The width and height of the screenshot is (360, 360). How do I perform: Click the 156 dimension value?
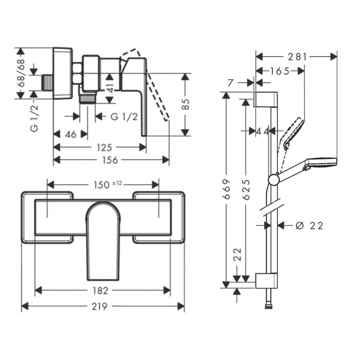pos(110,160)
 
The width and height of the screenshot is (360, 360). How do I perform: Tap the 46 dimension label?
pos(71,134)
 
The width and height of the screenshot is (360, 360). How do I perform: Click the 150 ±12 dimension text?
pos(105,185)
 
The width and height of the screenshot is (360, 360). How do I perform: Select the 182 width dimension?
pos(100,290)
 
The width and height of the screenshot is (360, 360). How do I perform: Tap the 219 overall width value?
pos(99,306)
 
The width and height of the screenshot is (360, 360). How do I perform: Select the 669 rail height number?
pos(226,189)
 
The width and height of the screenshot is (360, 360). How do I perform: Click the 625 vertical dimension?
pos(246,189)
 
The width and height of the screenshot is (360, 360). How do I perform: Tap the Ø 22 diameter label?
pos(309,225)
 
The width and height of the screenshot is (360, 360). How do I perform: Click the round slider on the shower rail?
pos(274,179)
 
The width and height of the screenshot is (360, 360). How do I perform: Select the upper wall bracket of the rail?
pos(266,99)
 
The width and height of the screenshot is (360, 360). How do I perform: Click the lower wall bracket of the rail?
pos(267,281)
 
